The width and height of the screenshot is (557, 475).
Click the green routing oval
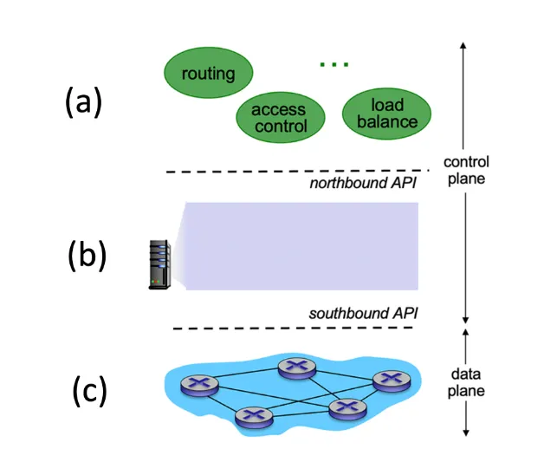click(x=208, y=73)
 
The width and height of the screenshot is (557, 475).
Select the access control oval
click(x=279, y=119)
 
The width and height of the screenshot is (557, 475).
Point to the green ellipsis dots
click(x=334, y=64)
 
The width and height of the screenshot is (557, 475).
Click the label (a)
click(x=84, y=102)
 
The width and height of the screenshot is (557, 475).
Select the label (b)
click(x=87, y=256)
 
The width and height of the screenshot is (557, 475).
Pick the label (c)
click(x=88, y=391)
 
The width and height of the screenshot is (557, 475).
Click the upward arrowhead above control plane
click(x=466, y=49)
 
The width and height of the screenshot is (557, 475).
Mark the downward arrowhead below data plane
click(x=467, y=431)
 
